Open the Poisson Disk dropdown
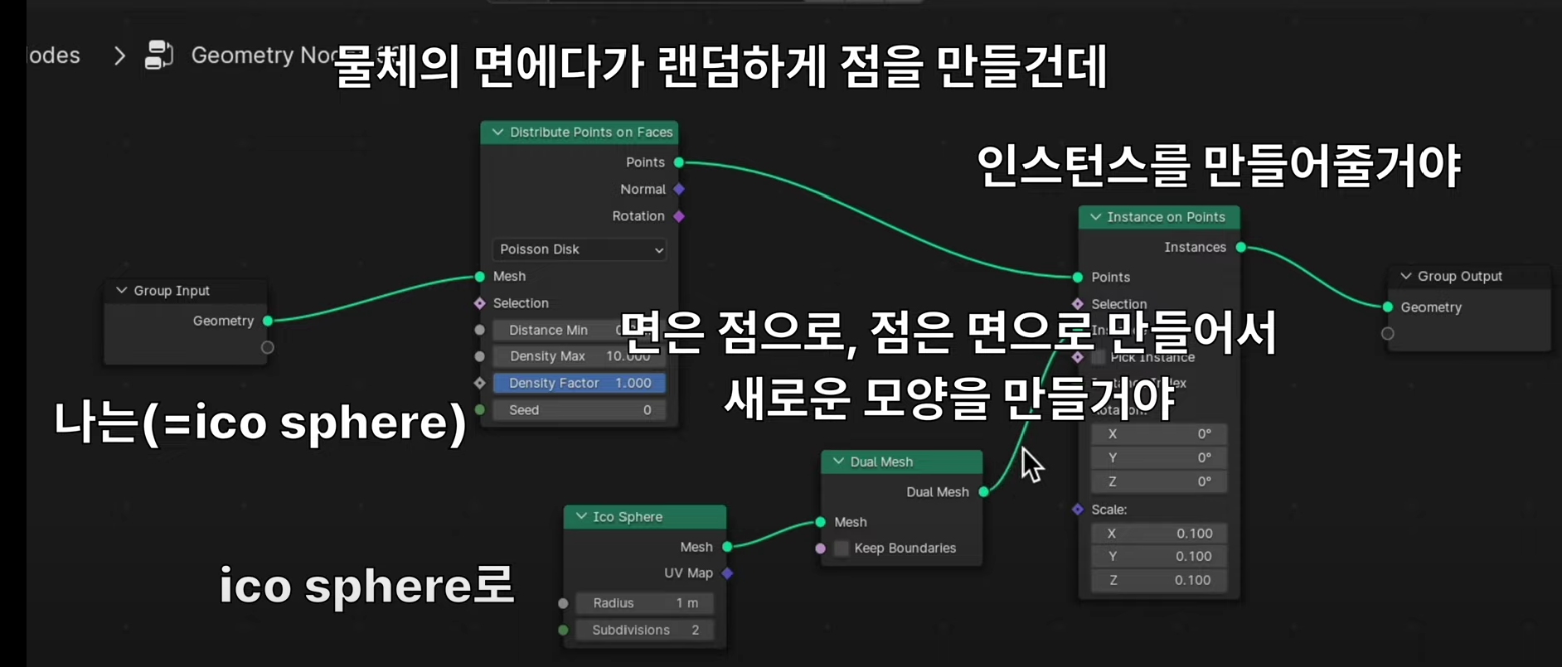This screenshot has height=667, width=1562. point(579,249)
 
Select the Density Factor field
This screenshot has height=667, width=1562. point(579,383)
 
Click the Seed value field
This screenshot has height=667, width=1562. point(579,410)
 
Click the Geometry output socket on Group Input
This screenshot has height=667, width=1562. point(268,321)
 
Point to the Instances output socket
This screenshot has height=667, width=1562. point(1241,247)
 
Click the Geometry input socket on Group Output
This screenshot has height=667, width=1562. point(1388,307)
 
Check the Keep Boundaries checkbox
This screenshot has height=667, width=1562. point(842,549)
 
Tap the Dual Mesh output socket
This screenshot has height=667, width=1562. point(984,492)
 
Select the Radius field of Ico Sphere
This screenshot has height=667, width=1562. point(644,603)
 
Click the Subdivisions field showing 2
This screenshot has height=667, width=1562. point(644,630)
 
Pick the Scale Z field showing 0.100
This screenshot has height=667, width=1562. point(1158,580)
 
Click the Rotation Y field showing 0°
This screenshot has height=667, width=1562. point(1158,457)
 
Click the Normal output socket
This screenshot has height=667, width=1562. point(679,190)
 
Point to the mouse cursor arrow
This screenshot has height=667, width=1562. point(1028,460)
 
